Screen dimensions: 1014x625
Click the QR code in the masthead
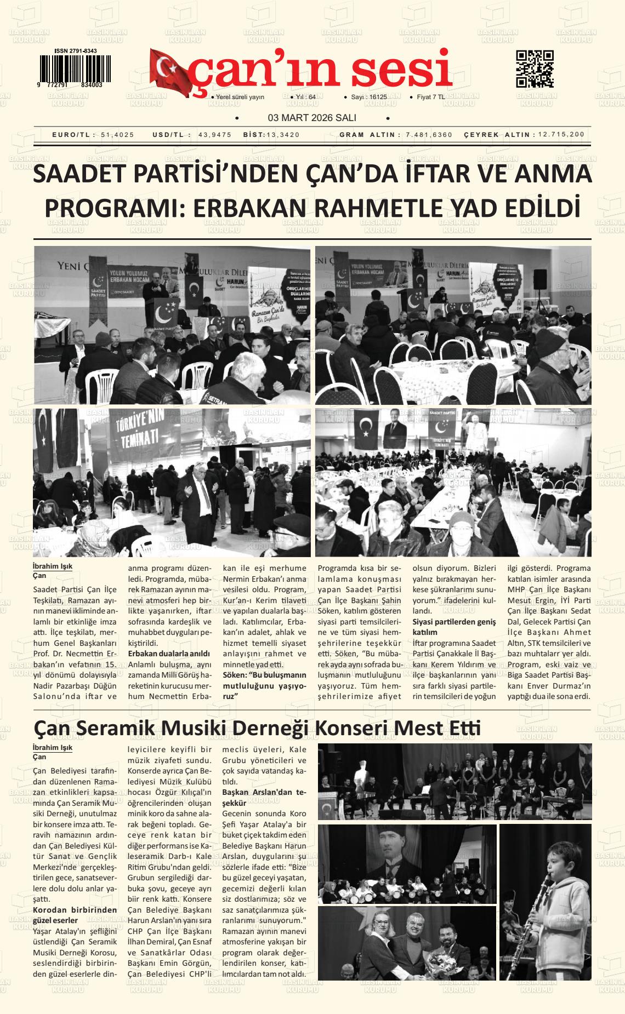click(535, 69)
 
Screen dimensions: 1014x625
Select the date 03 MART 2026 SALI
click(312, 118)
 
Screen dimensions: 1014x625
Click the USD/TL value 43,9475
click(214, 135)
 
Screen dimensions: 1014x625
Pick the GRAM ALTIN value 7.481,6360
click(429, 135)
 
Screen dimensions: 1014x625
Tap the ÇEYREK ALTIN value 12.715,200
click(561, 135)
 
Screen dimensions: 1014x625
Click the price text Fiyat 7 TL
click(431, 97)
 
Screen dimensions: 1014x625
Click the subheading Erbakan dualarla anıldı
click(169, 654)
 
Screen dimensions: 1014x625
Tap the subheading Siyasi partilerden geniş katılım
click(453, 627)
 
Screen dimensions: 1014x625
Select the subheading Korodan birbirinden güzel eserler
click(75, 915)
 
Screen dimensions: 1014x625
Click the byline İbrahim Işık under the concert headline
click(53, 748)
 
